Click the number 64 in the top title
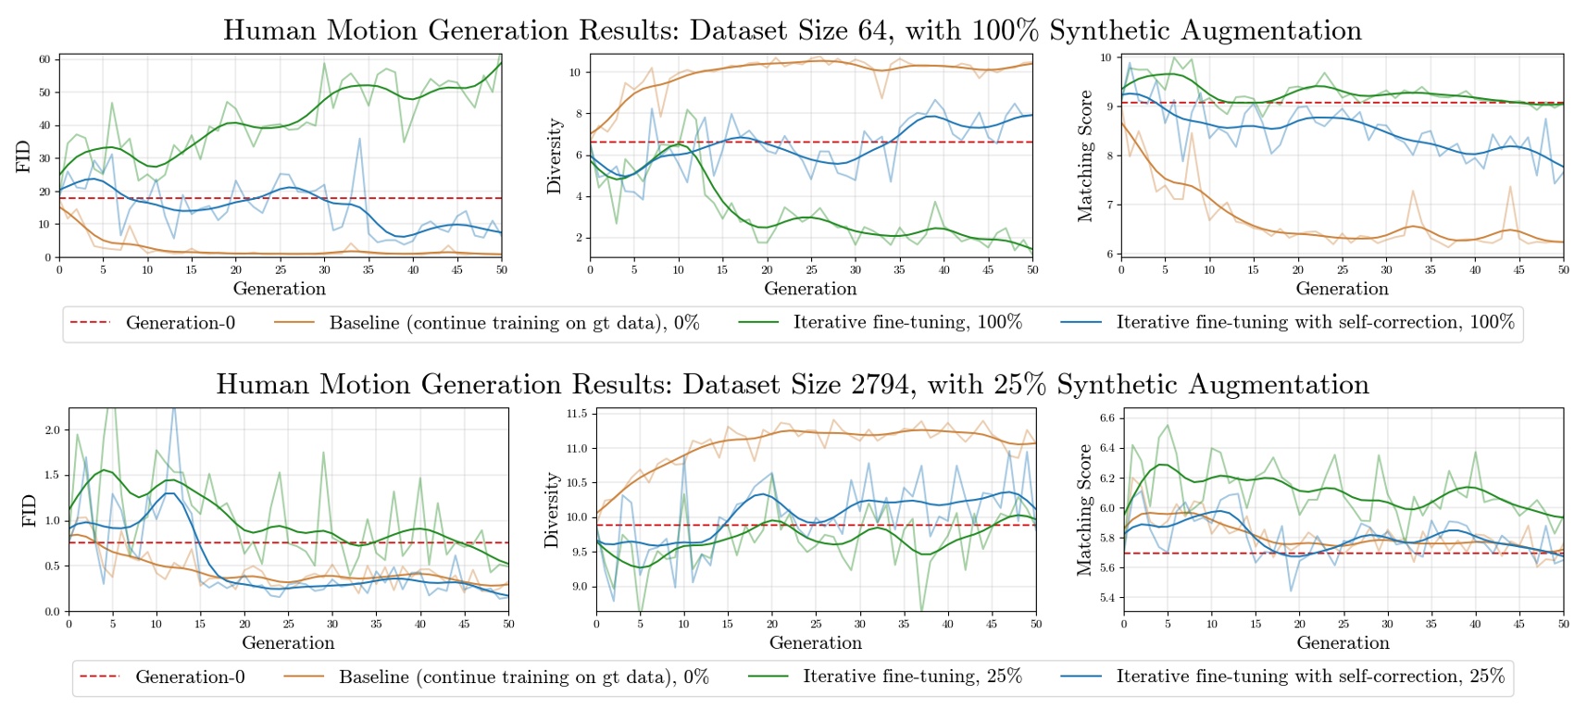pyautogui.click(x=873, y=31)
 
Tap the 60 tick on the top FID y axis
pyautogui.click(x=44, y=59)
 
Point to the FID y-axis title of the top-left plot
pyautogui.click(x=23, y=156)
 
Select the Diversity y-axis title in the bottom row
pyautogui.click(x=552, y=510)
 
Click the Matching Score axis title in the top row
pyautogui.click(x=1084, y=156)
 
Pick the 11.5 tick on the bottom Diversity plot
pyautogui.click(x=576, y=414)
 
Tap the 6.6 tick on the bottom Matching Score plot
pyautogui.click(x=1106, y=417)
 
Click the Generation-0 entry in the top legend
pyautogui.click(x=180, y=323)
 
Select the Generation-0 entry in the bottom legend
pyautogui.click(x=190, y=678)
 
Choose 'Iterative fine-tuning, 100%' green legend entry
pyautogui.click(x=906, y=322)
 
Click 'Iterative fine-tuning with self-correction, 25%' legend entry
pyautogui.click(x=1310, y=677)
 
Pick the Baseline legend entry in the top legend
pyautogui.click(x=514, y=323)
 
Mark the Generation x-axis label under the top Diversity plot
pyautogui.click(x=810, y=289)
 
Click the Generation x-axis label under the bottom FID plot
pyautogui.click(x=288, y=643)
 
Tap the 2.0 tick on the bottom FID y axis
pyautogui.click(x=53, y=430)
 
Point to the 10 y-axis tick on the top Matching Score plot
pyautogui.click(x=1106, y=57)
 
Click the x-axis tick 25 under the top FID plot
pyautogui.click(x=281, y=270)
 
